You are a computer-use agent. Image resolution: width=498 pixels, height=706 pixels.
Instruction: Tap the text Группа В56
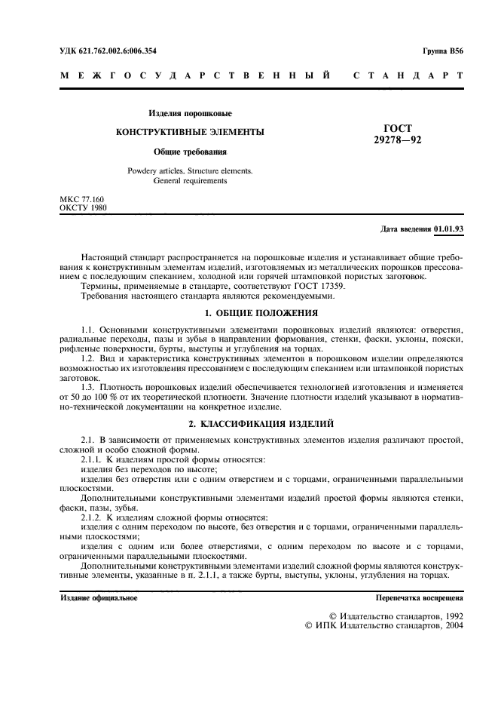point(444,50)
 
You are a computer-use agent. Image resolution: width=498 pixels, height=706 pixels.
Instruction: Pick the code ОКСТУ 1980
point(84,207)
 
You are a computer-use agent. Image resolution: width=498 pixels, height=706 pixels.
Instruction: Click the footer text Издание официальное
point(99,597)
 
